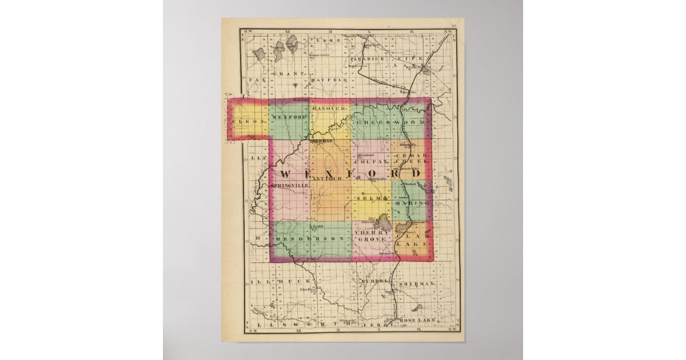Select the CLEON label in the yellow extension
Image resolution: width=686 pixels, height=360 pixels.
tap(249, 122)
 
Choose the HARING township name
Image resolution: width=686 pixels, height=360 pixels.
tap(416, 203)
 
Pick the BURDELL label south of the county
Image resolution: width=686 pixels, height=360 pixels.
tap(377, 281)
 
